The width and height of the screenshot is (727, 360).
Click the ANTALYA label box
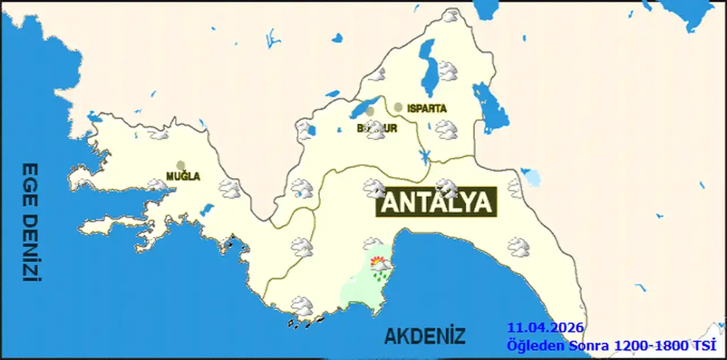pos(436,203)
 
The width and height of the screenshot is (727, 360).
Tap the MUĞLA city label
pos(183,177)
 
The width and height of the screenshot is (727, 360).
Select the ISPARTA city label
pos(427,108)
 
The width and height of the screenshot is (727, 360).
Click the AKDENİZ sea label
pos(424,336)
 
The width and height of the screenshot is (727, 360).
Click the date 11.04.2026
pos(545,328)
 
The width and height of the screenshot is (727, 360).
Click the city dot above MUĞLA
pos(181,165)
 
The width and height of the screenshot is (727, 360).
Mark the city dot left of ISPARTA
pos(398,107)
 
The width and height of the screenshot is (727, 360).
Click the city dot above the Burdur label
pos(370,112)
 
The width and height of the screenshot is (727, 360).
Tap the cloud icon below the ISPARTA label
pos(446,130)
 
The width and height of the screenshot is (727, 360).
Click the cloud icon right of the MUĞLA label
pos(229,189)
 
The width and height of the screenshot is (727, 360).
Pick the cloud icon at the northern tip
pos(451,16)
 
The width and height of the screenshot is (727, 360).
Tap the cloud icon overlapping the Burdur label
pos(375,131)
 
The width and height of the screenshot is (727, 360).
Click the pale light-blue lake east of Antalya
pos(532,178)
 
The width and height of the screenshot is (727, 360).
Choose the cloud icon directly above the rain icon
pos(373,244)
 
